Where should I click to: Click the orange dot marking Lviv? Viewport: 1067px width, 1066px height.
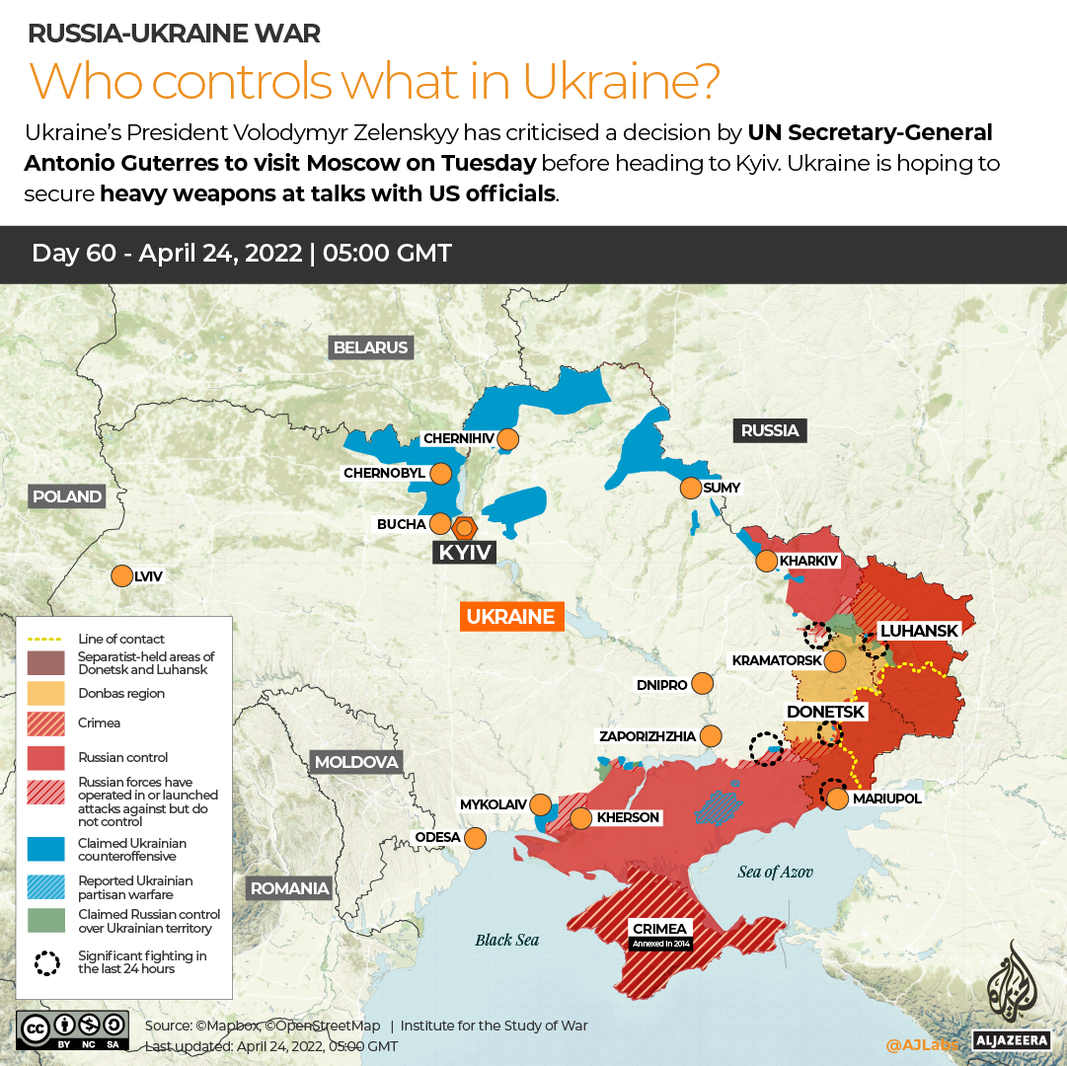pyautogui.click(x=122, y=575)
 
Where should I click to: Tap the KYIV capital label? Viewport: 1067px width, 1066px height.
pyautogui.click(x=465, y=552)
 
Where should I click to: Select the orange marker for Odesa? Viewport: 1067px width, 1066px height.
pyautogui.click(x=475, y=838)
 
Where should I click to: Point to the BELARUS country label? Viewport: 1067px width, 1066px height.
pyautogui.click(x=370, y=347)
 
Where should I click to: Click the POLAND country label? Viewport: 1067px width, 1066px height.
pyautogui.click(x=66, y=496)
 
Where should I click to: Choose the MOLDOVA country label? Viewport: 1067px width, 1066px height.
pyautogui.click(x=356, y=762)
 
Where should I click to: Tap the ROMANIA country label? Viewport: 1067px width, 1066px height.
pyautogui.click(x=289, y=888)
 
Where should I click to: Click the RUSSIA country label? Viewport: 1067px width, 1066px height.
pyautogui.click(x=770, y=430)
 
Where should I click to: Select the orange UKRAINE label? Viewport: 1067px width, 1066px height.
pyautogui.click(x=510, y=617)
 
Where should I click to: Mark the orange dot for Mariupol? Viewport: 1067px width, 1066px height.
pyautogui.click(x=837, y=799)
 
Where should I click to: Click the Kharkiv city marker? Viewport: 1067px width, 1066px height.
pyautogui.click(x=766, y=562)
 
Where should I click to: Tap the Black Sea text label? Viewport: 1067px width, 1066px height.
pyautogui.click(x=506, y=940)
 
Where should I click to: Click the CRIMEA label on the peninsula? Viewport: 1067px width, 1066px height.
pyautogui.click(x=660, y=929)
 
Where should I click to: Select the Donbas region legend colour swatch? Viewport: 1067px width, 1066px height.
pyautogui.click(x=46, y=693)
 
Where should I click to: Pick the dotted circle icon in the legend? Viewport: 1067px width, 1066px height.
pyautogui.click(x=46, y=962)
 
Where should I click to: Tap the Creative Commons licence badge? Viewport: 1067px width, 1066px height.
pyautogui.click(x=72, y=1028)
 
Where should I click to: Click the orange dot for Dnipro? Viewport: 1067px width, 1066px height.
pyautogui.click(x=703, y=683)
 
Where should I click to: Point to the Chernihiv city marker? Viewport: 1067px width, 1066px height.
pyautogui.click(x=507, y=438)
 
